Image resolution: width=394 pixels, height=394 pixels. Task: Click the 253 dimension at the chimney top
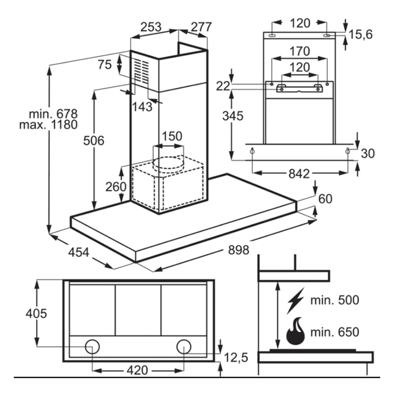(151, 27)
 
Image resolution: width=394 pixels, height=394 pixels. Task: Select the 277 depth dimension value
(201, 27)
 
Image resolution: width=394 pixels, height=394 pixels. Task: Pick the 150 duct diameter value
(172, 136)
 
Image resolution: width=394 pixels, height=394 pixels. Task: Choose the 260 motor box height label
(116, 186)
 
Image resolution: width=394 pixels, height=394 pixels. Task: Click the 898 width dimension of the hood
(238, 249)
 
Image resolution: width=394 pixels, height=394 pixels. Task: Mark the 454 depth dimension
(79, 252)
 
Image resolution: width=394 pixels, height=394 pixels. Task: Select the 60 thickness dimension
(325, 199)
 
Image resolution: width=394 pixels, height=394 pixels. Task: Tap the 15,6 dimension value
(360, 35)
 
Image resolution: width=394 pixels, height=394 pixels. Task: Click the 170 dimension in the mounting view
(301, 51)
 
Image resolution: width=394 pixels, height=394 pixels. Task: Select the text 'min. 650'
(335, 332)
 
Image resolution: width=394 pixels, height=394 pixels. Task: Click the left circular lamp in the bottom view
(93, 347)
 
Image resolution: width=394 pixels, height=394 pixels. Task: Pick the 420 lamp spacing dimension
(138, 370)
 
